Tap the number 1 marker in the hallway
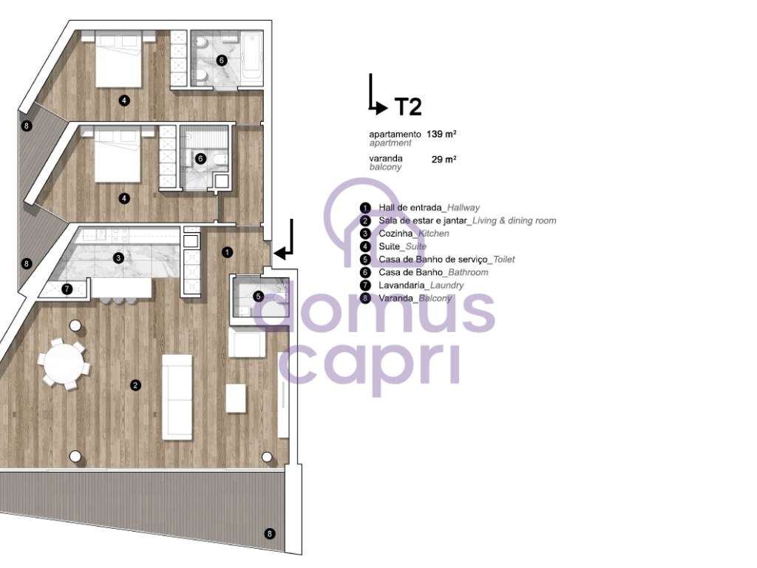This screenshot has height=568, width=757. click(x=227, y=252)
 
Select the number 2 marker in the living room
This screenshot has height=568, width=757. click(x=135, y=385)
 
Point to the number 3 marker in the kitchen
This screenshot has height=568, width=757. click(x=118, y=258)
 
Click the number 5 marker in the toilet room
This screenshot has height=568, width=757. click(x=258, y=296)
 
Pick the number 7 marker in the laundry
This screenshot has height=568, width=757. click(x=67, y=289)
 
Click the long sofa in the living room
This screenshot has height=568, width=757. click(x=177, y=396)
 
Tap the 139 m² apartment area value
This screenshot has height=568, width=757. click(x=441, y=135)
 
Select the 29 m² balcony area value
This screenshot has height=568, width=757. click(x=444, y=159)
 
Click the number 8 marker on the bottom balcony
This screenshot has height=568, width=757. click(x=269, y=533)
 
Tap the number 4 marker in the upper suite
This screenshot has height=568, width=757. click(x=124, y=101)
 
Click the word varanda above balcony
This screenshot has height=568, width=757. click(x=386, y=158)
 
